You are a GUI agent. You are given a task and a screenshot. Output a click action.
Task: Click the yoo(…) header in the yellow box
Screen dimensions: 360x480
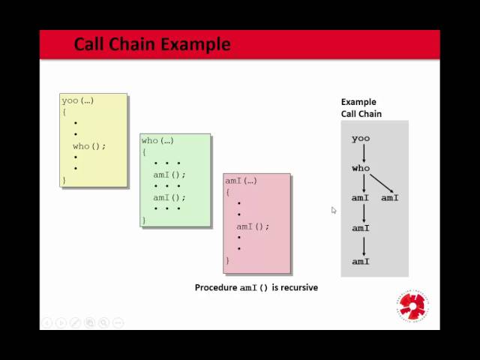click(x=78, y=100)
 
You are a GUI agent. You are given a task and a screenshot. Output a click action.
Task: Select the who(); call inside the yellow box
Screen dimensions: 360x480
click(x=89, y=146)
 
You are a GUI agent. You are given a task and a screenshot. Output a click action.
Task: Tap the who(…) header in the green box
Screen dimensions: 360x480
click(x=157, y=140)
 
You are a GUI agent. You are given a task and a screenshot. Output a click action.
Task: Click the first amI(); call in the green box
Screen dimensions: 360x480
click(x=169, y=175)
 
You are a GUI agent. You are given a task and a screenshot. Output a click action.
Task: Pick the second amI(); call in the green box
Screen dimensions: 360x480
click(x=169, y=198)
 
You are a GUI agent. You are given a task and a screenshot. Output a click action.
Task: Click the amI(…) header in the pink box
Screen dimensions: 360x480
click(x=241, y=181)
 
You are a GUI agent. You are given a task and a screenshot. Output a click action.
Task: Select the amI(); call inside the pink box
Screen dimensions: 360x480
click(x=253, y=226)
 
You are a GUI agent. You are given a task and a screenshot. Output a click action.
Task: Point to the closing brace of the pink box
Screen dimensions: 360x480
click(x=228, y=260)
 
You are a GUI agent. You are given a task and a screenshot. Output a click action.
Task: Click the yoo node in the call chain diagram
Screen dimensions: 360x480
click(x=361, y=139)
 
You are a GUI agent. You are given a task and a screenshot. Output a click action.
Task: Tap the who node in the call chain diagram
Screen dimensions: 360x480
click(x=361, y=169)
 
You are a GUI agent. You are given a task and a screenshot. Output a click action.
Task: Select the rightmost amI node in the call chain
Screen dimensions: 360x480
click(x=390, y=198)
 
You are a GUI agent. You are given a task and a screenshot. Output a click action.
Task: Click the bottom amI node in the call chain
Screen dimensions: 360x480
click(x=361, y=262)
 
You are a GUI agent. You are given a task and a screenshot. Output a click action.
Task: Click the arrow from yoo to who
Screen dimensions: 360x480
click(x=364, y=154)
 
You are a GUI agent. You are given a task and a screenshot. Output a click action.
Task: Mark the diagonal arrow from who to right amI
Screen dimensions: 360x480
click(x=381, y=182)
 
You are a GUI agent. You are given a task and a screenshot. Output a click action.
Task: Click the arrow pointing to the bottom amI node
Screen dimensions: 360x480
click(x=364, y=245)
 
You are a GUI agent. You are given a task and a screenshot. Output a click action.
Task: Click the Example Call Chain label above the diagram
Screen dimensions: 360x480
click(x=361, y=108)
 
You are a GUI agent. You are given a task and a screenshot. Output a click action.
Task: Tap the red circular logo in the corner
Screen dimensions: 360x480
click(x=412, y=304)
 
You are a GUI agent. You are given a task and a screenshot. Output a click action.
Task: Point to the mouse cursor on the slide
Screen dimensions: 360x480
click(x=334, y=210)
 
